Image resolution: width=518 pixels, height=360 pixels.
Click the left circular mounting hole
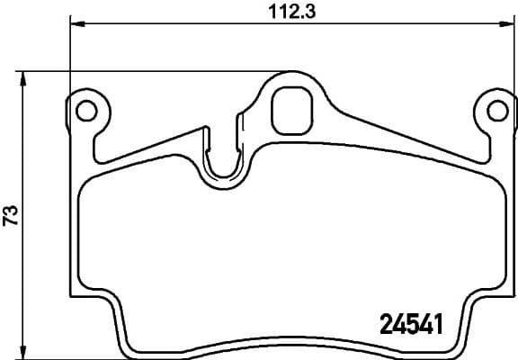pyautogui.click(x=85, y=111)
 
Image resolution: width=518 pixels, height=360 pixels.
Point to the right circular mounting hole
pyautogui.click(x=495, y=111)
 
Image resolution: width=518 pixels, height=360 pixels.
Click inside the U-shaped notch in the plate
pyautogui.click(x=223, y=162)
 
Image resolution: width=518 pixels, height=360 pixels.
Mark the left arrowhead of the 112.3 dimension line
pyautogui.click(x=75, y=23)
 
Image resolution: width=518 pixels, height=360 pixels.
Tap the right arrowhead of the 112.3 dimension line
pyautogui.click(x=504, y=23)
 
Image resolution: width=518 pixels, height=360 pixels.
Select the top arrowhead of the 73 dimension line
pyautogui.click(x=24, y=77)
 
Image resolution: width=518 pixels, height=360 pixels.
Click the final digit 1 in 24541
pyautogui.click(x=441, y=322)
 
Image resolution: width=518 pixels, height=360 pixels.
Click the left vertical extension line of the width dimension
pyautogui.click(x=69, y=54)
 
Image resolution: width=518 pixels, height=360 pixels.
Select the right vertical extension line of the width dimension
pyautogui.click(x=509, y=54)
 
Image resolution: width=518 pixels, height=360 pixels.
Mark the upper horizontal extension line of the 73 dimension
pyautogui.click(x=135, y=72)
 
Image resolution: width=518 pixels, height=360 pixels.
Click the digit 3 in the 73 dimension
pyautogui.click(x=11, y=210)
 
